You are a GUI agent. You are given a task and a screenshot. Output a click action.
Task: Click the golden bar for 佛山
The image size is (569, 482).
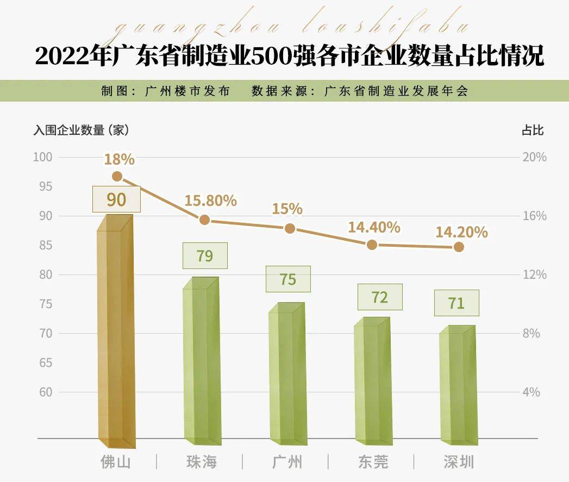coord(115,331)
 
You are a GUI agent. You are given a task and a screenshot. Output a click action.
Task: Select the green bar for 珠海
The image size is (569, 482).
coord(201,359)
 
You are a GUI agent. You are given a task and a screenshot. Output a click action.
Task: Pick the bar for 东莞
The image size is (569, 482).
coord(372,378)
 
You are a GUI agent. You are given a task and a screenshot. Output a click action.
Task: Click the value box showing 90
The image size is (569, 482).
coord(116,199)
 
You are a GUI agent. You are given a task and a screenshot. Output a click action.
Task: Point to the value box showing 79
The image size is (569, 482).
coord(205,255)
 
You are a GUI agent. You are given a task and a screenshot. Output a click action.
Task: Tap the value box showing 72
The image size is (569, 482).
coord(380,297)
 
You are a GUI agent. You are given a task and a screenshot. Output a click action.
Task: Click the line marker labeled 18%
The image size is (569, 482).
coord(117,176)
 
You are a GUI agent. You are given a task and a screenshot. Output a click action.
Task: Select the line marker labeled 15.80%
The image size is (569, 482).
coord(204,220)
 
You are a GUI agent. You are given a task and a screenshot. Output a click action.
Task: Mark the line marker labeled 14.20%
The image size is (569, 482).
coord(459,247)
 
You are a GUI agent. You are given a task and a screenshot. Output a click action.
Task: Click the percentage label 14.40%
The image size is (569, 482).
coord(374,227)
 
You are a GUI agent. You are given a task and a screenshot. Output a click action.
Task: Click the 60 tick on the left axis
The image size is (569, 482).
coord(45,392)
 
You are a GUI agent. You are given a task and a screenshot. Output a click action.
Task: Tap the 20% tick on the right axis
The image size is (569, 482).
coord(534,158)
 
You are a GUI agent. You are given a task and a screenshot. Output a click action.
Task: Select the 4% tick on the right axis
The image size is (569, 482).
coord(531,392)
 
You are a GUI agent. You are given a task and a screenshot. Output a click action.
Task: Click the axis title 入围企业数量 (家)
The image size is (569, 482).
coord(81,130)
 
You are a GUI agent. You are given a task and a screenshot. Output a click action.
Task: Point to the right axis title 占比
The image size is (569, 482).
coord(533,130)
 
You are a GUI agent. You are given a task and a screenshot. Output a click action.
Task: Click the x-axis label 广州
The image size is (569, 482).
coord(286,462)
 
